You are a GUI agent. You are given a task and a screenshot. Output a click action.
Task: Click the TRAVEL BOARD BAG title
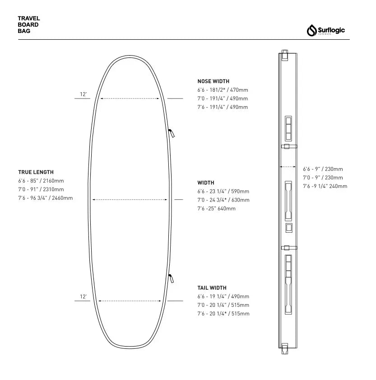click(x=29, y=25)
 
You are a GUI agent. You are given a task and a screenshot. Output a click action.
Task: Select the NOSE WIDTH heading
click(x=214, y=81)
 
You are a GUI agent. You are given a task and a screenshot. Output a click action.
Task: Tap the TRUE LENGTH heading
click(x=36, y=172)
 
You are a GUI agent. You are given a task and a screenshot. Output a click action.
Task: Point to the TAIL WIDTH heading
click(x=212, y=288)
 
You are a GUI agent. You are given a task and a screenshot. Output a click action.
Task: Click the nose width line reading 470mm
click(x=223, y=90)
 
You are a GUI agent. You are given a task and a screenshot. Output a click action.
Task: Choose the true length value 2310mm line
click(x=41, y=189)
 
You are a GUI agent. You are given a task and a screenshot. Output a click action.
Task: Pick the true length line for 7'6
click(x=45, y=198)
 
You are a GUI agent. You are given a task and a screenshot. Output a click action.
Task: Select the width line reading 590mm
click(x=223, y=192)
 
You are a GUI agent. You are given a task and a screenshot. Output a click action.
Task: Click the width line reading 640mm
click(x=216, y=209)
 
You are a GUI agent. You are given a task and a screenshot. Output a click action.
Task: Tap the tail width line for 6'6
click(x=223, y=296)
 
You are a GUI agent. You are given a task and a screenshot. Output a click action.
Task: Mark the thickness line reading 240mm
click(x=325, y=186)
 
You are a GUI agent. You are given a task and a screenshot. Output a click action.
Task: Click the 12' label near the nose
click(x=83, y=94)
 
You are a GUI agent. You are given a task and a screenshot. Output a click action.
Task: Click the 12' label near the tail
click(x=83, y=297)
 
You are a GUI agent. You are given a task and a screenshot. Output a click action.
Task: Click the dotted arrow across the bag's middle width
click(x=130, y=199)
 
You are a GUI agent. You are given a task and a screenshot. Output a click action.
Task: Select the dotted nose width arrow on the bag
click(x=130, y=98)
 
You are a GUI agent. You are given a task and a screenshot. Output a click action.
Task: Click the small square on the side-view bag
click(x=289, y=228)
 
